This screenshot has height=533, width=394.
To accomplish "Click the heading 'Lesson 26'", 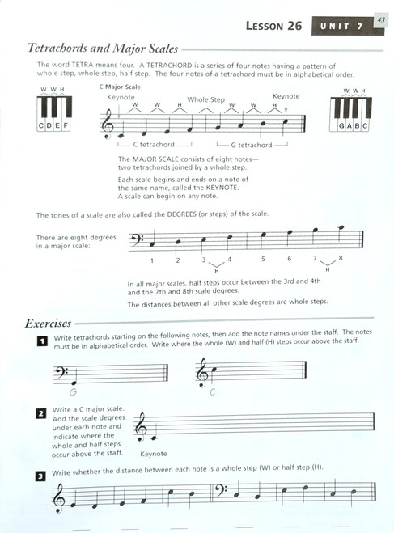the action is [x=273, y=27].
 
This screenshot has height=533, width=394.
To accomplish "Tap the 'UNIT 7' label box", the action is [x=340, y=27].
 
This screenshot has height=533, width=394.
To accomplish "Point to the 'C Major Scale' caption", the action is [x=121, y=85].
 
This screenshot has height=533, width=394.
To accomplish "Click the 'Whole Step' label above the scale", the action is [x=206, y=99].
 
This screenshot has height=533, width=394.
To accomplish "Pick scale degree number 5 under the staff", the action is [x=263, y=260].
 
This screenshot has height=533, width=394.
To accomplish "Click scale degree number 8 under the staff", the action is [x=341, y=259].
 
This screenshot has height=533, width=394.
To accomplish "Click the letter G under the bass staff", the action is [x=73, y=392].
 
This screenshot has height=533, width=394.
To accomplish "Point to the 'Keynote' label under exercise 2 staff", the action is [x=153, y=455].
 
